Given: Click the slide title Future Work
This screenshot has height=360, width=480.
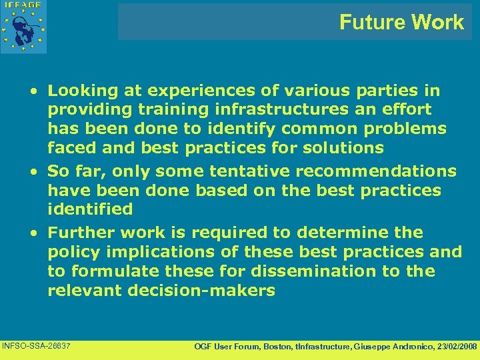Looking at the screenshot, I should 401,22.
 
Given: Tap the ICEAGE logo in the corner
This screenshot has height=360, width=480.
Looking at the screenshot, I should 24,27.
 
